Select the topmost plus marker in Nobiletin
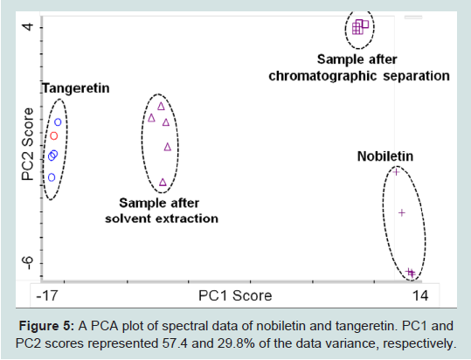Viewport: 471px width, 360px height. (396, 172)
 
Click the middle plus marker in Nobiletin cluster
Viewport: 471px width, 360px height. (402, 213)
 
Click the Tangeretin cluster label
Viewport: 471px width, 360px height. (76, 88)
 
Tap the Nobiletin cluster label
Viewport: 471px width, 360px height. (385, 156)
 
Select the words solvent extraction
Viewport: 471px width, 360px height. (162, 218)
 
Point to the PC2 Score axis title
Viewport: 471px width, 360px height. (28, 144)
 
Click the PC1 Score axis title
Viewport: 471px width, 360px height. (235, 295)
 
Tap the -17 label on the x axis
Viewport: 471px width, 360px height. (47, 295)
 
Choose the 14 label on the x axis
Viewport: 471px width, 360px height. (420, 295)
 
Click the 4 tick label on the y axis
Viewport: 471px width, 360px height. (28, 26)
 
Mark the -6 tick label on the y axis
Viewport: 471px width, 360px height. (29, 263)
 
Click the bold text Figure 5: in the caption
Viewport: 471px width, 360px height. (46, 326)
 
